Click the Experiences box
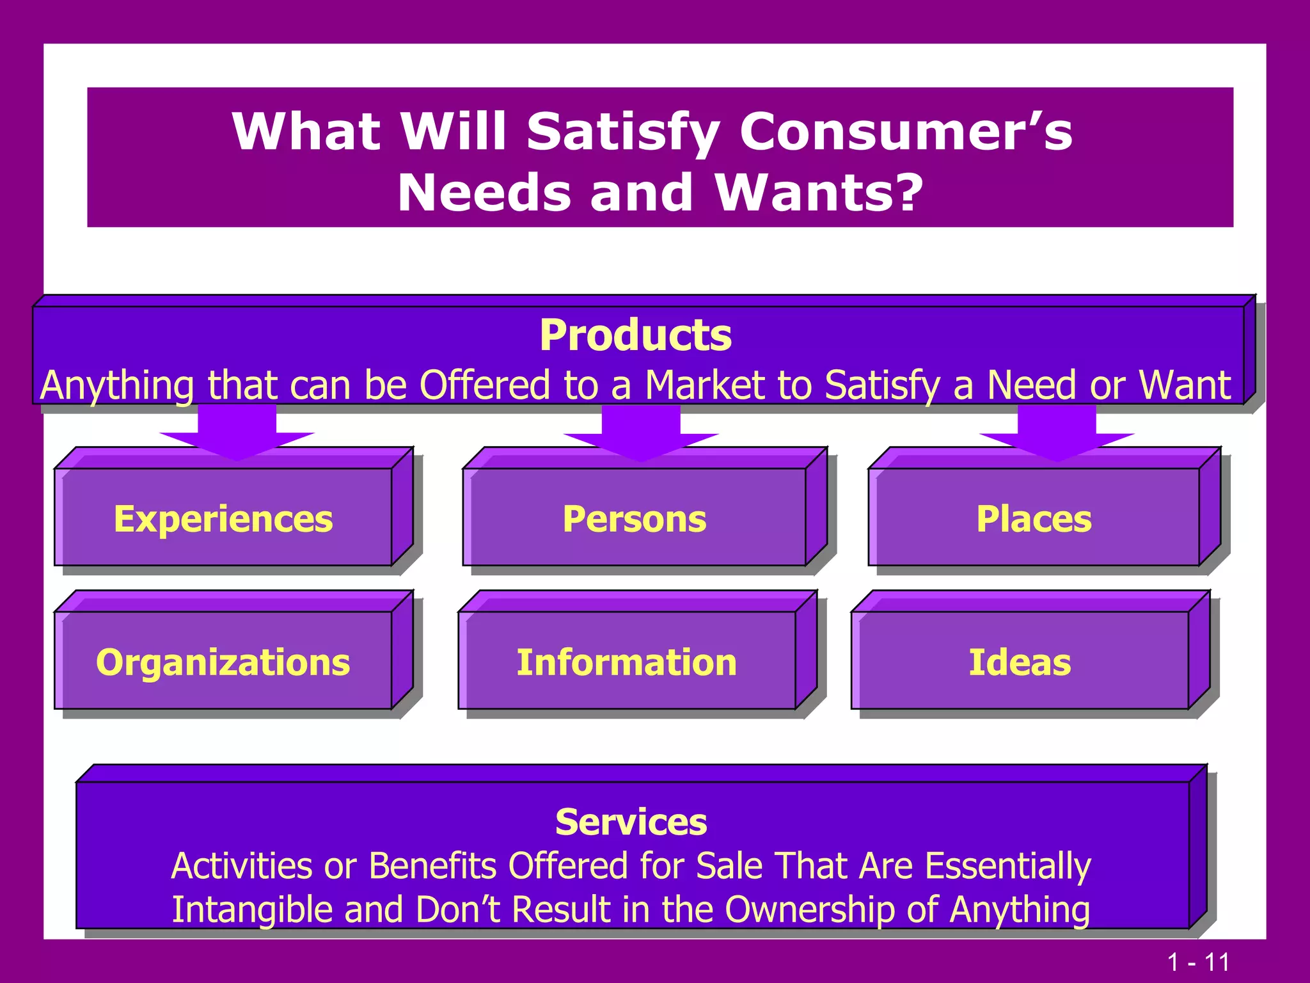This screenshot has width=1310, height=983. coord(223,518)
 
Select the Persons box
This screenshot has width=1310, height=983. coord(635,518)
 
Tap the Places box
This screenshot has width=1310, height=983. coord(1034,518)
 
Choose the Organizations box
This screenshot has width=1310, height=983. coord(223,661)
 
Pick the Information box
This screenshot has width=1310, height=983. coord(627,661)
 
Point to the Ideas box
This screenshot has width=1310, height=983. coord(1020,661)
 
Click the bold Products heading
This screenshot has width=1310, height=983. coord(635,335)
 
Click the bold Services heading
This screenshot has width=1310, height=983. coord(631,822)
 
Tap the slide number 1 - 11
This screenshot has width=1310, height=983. coord(1198,962)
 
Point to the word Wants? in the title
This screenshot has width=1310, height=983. coord(819,193)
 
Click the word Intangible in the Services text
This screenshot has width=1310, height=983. coord(251,909)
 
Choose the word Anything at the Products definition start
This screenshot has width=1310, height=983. coord(117,386)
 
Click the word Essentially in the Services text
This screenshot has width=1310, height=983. coord(1008,866)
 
